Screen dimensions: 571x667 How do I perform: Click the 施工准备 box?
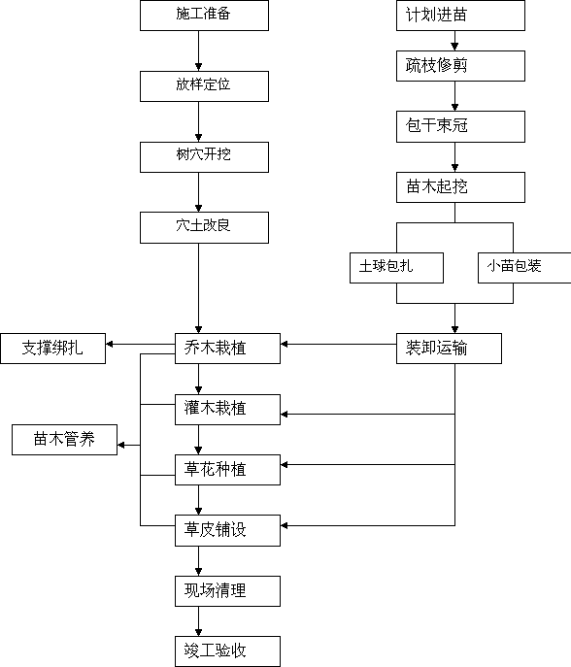coord(204,16)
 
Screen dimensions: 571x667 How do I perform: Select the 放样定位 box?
coord(204,86)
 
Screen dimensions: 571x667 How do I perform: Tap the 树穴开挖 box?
coord(204,157)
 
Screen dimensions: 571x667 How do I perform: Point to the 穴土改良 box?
coord(204,227)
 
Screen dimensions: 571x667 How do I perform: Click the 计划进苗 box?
coord(461,16)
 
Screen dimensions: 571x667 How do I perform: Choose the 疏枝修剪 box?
coord(461,66)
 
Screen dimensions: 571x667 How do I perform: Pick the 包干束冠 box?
coord(461,126)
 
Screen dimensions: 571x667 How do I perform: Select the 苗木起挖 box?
coord(461,187)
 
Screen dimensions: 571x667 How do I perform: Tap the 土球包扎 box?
coord(396,268)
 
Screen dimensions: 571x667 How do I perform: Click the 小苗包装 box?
coord(524,268)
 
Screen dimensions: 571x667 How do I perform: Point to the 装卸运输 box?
coord(449,349)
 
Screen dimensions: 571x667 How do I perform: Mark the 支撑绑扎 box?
coord(53,349)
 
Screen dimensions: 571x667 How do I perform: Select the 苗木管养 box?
coord(65,440)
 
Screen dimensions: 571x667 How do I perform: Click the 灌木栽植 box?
coord(227,410)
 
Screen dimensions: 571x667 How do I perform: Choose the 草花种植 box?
coord(227,470)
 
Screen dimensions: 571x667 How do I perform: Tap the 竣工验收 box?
coord(227,651)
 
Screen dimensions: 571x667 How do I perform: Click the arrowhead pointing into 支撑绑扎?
coord(110,344)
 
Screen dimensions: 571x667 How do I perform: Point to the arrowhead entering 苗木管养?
coord(120,445)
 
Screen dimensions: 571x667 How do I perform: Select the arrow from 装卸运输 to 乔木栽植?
coord(339,344)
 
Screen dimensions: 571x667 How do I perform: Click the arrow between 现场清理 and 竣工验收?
coord(198,621)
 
